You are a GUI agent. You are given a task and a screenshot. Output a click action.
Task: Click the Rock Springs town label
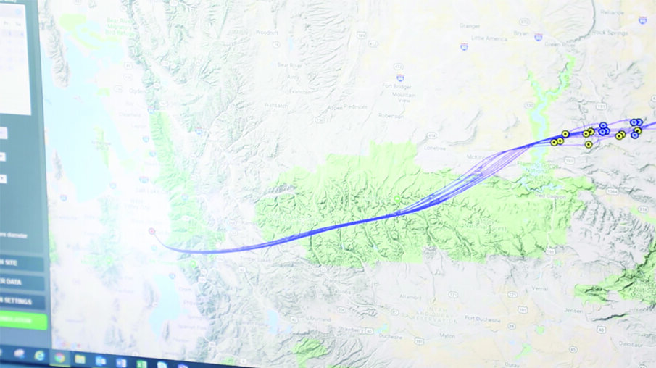(608, 32)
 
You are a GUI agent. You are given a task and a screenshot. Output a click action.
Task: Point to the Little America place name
(489, 37)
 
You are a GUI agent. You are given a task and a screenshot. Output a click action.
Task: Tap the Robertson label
(391, 115)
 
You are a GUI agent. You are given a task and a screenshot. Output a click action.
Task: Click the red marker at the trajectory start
(151, 231)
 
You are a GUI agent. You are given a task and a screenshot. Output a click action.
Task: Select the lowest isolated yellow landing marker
(589, 144)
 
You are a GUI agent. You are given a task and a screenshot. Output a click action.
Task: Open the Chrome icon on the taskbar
(59, 357)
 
